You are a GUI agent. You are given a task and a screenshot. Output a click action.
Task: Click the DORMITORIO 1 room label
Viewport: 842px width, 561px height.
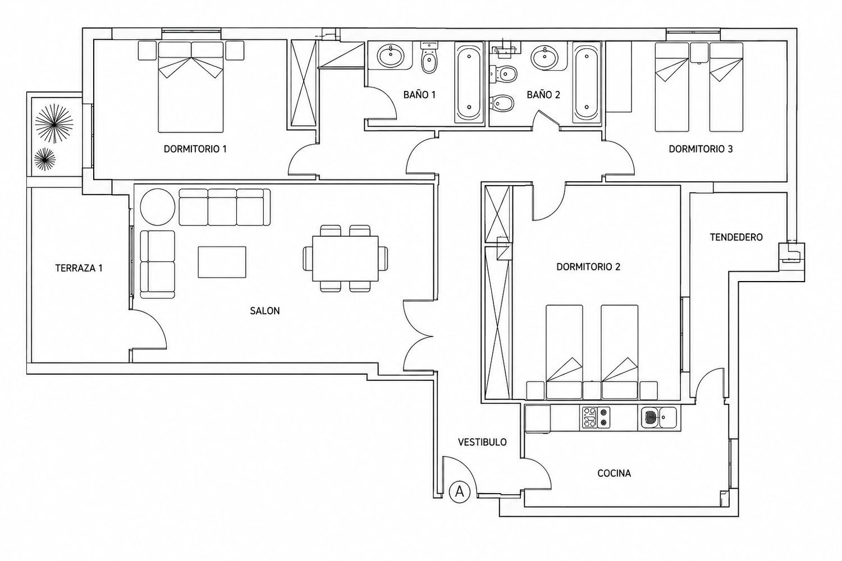pos(195,149)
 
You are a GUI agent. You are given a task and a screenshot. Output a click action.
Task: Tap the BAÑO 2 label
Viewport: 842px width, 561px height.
pos(543,95)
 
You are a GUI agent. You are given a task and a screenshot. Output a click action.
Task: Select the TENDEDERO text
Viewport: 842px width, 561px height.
pos(736,237)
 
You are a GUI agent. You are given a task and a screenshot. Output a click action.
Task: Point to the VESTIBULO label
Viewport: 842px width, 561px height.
pos(482,442)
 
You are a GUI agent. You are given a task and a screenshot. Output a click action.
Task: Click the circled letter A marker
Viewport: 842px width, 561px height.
pos(460,491)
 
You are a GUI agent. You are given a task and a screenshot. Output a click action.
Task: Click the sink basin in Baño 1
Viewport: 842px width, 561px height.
pos(391,56)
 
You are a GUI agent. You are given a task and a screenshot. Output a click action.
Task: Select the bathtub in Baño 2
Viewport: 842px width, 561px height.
pos(587,82)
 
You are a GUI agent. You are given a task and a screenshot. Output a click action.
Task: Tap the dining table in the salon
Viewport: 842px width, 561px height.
pos(345,258)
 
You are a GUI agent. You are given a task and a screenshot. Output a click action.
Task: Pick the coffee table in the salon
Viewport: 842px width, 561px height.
pos(222,262)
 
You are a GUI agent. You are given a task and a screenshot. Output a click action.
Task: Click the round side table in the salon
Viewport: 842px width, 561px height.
pos(158,207)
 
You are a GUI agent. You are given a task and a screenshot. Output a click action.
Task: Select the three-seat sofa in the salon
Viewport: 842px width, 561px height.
pos(225,207)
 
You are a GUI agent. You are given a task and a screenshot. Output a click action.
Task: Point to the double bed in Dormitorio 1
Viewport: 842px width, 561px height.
pos(191,87)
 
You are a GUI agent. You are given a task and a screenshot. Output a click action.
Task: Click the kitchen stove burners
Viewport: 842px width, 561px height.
pos(596,417)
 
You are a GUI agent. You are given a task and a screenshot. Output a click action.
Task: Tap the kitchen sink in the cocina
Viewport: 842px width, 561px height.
pos(659,417)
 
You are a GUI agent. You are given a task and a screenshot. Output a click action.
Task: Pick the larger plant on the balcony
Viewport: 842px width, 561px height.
pos(54,123)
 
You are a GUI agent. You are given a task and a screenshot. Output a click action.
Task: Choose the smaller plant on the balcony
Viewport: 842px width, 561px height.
pos(45,159)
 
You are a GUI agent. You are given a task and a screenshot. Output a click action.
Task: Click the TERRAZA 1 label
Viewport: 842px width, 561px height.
pos(79,268)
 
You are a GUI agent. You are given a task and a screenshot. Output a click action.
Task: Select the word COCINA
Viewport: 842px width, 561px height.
pos(614,473)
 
